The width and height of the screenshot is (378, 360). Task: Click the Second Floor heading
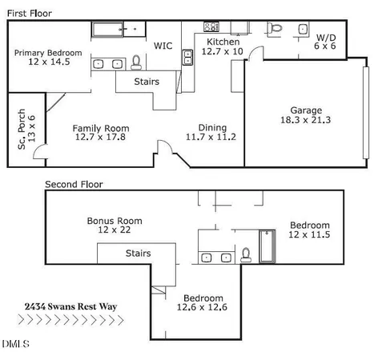point(74,184)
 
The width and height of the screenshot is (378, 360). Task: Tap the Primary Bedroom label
point(48,54)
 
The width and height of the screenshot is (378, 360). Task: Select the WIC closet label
point(163,46)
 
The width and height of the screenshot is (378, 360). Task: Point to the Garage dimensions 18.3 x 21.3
point(306,120)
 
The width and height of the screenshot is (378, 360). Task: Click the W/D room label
point(326,38)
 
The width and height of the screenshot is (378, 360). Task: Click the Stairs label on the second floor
point(139,254)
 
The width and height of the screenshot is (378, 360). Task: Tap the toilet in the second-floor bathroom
point(247,255)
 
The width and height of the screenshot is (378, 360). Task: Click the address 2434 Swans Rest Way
point(71,306)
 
